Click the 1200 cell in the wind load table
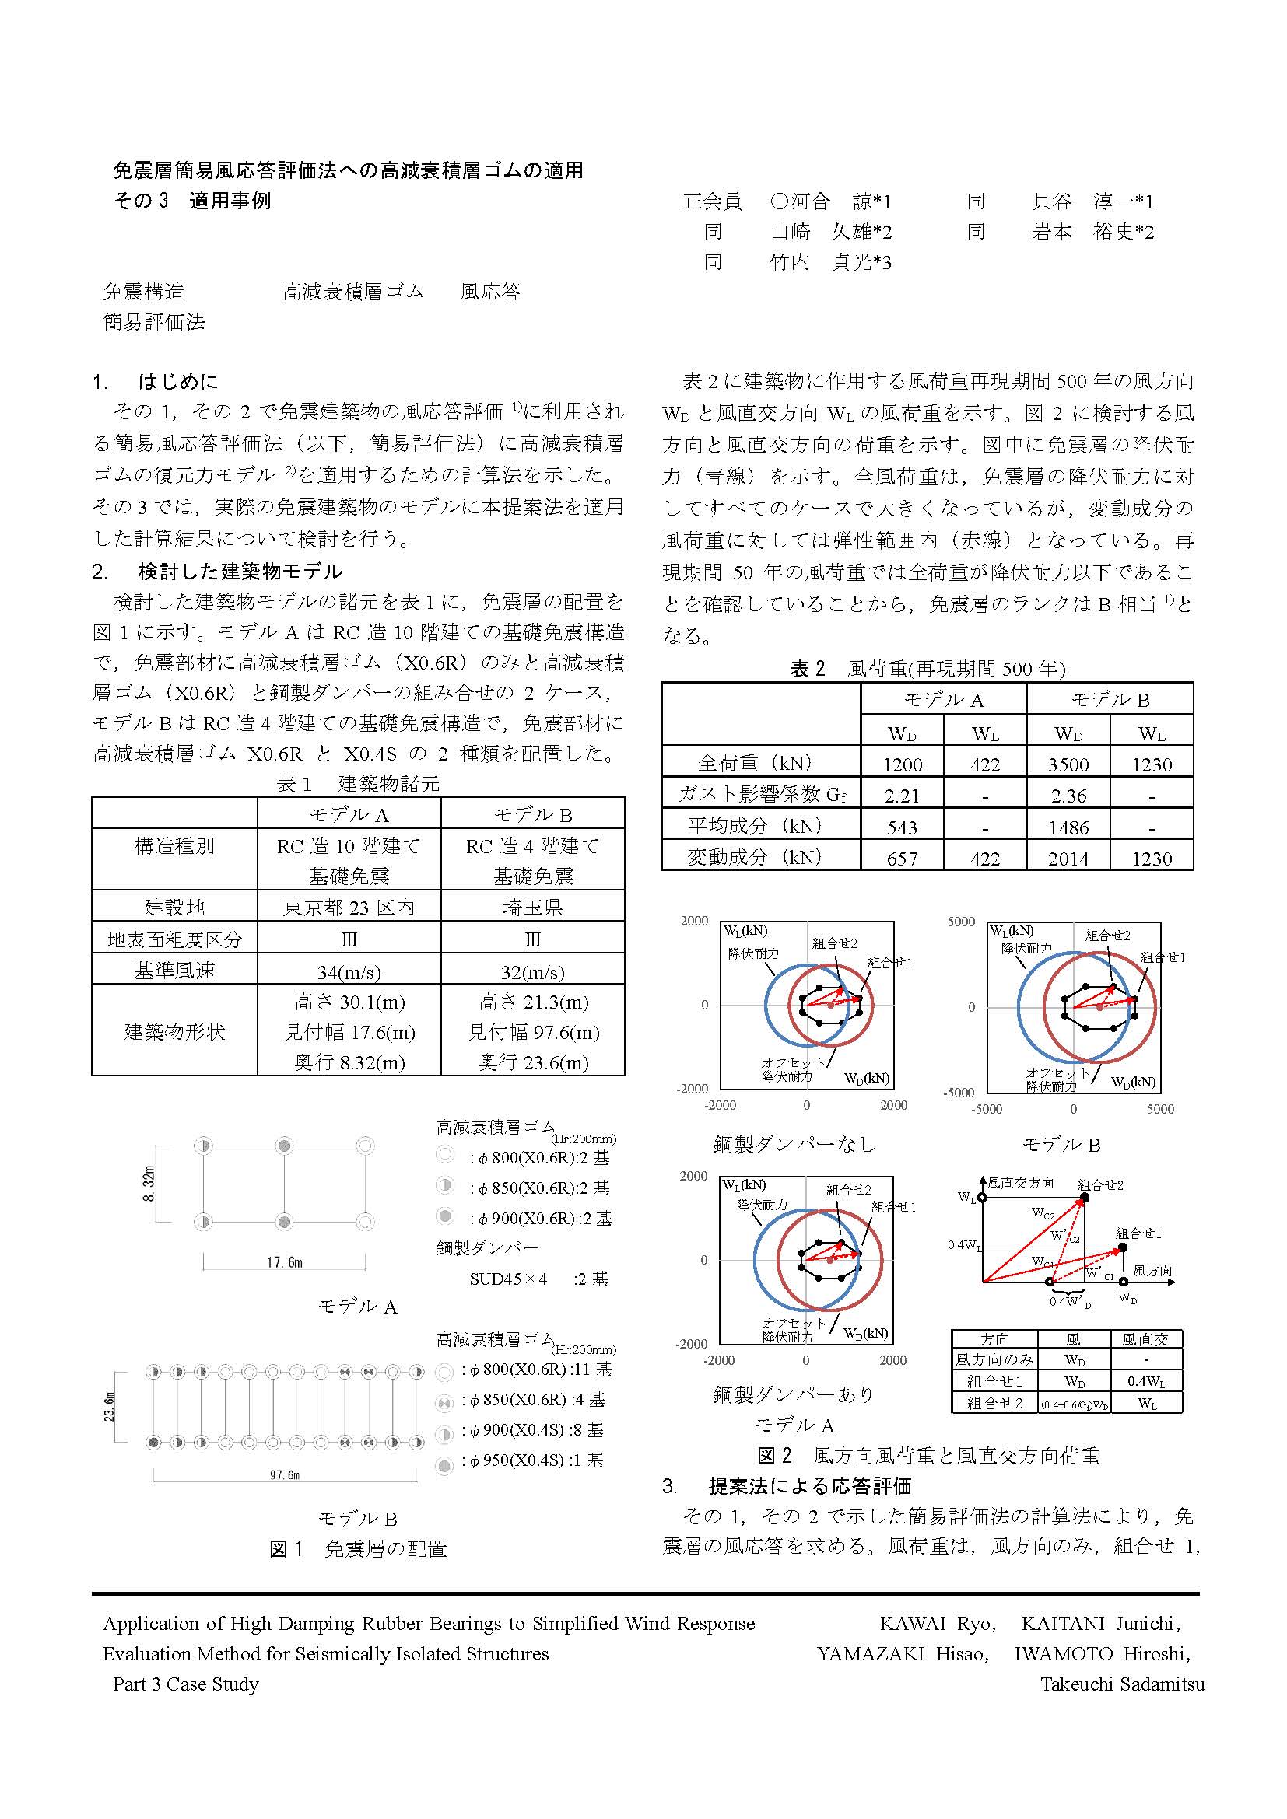coord(902,764)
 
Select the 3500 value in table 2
coord(1068,764)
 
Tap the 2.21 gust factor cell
coord(902,796)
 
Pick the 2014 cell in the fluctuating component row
coord(1068,859)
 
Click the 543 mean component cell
coord(902,827)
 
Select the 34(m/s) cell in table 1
coord(349,972)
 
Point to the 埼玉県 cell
coord(532,907)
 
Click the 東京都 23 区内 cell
coord(349,907)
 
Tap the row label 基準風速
coord(174,971)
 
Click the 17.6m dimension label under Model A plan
coord(284,1262)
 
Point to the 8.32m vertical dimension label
coord(149,1184)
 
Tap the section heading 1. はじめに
coord(156,382)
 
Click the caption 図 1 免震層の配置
coord(358,1549)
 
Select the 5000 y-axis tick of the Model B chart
coord(961,922)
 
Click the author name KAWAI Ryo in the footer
coord(936,1623)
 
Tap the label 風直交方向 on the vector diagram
coord(1020,1184)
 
